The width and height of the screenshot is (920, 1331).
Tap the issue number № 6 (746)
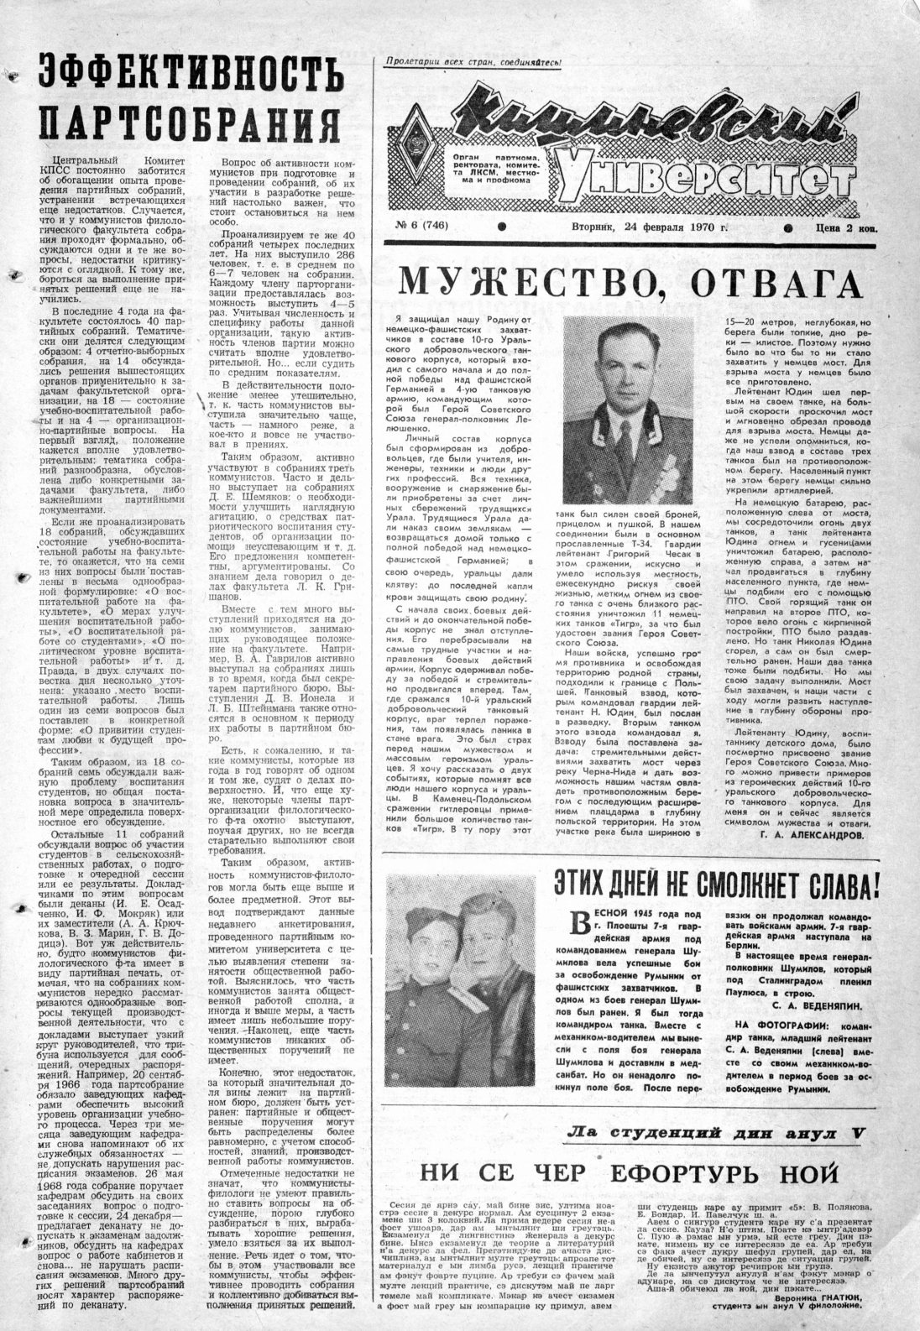(x=427, y=227)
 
